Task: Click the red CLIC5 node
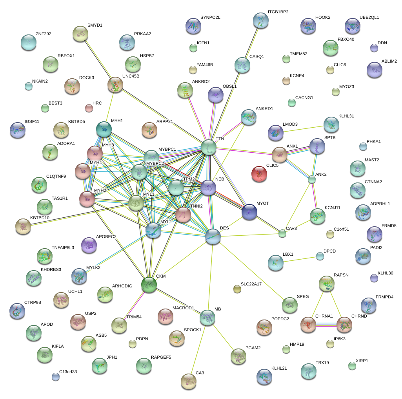pos(259,174)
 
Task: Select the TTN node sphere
pos(209,148)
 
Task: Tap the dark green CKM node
pos(149,285)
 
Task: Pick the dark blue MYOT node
pos(249,212)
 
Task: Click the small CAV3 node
pos(282,234)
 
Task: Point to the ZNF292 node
pos(28,42)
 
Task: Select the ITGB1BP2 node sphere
pos(261,20)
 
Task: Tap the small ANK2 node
pos(312,179)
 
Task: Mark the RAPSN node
pos(326,283)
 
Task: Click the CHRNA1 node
pos(308,325)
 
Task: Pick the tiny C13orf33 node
pos(56,377)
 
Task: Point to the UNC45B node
pos(115,85)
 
